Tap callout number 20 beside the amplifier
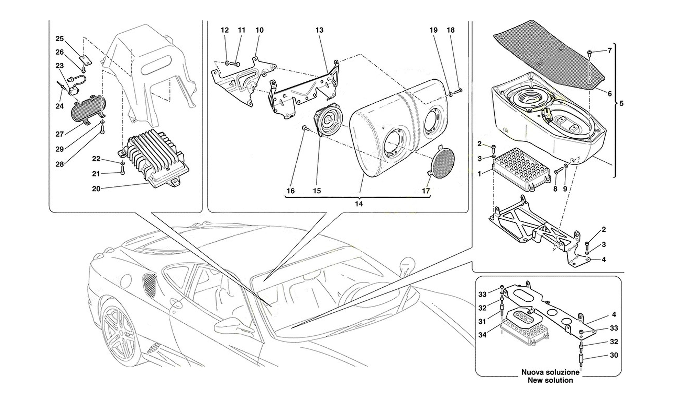[96, 188]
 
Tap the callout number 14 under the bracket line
[359, 204]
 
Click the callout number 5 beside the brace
[621, 103]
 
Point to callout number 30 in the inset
[614, 355]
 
